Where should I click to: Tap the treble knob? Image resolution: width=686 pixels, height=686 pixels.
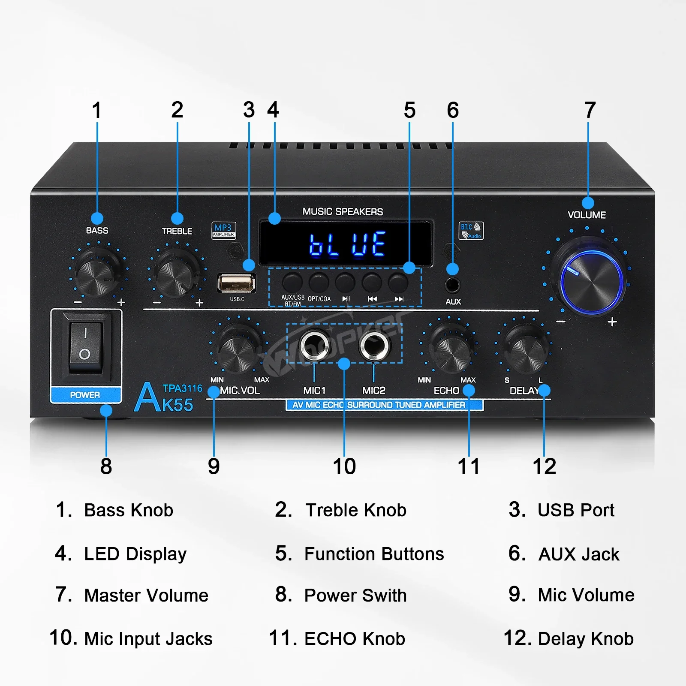click(x=177, y=275)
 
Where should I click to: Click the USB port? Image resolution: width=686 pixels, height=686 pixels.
click(x=237, y=283)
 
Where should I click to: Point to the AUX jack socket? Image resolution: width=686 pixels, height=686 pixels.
click(x=453, y=284)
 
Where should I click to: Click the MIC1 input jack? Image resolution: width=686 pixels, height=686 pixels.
click(x=314, y=345)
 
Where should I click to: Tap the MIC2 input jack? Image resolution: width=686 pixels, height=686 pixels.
click(x=374, y=345)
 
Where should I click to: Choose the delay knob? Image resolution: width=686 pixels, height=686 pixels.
click(x=525, y=349)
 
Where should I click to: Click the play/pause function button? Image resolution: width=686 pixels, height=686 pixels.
click(x=346, y=282)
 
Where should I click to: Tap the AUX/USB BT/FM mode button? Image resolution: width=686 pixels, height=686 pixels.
click(x=292, y=282)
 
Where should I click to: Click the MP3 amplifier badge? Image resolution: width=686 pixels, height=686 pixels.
click(x=223, y=230)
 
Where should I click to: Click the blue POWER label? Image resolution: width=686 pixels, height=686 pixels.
click(x=85, y=395)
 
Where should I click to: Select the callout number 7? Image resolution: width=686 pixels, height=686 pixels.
click(x=590, y=110)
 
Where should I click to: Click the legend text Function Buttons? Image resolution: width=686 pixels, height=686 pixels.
click(x=373, y=554)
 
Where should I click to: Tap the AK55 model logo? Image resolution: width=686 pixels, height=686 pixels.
click(x=165, y=398)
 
